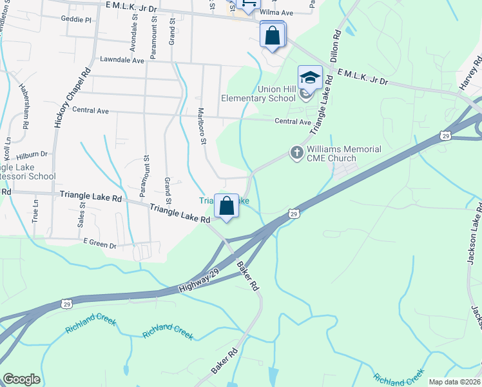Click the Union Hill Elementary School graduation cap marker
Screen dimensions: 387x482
coord(310,78)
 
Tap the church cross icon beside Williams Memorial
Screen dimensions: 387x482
coord(296,153)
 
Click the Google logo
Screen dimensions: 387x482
coord(21,379)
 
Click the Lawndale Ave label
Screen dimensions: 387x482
coord(122,60)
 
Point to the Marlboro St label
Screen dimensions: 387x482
coord(201,125)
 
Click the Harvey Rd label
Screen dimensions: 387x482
coord(475,72)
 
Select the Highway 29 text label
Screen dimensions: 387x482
coord(197,281)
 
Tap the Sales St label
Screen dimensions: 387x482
coord(82,213)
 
